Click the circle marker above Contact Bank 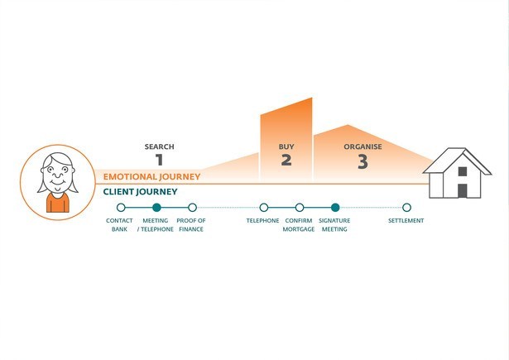[x=121, y=207]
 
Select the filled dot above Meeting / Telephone [x=156, y=207]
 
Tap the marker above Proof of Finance [x=192, y=207]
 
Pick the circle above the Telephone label [x=264, y=207]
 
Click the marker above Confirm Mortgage [x=300, y=207]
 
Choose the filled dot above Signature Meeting [x=335, y=207]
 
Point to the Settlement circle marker [x=406, y=207]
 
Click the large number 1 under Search [x=159, y=160]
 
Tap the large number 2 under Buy [x=286, y=160]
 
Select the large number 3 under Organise [x=363, y=161]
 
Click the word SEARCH [x=160, y=146]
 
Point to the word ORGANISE [x=363, y=146]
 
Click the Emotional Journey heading [x=151, y=176]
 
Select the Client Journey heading [x=140, y=191]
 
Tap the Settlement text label [x=406, y=220]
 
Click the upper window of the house [x=463, y=171]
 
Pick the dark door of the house [x=463, y=191]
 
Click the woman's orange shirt [x=58, y=203]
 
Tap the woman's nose [x=58, y=175]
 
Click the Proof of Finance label [x=191, y=224]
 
